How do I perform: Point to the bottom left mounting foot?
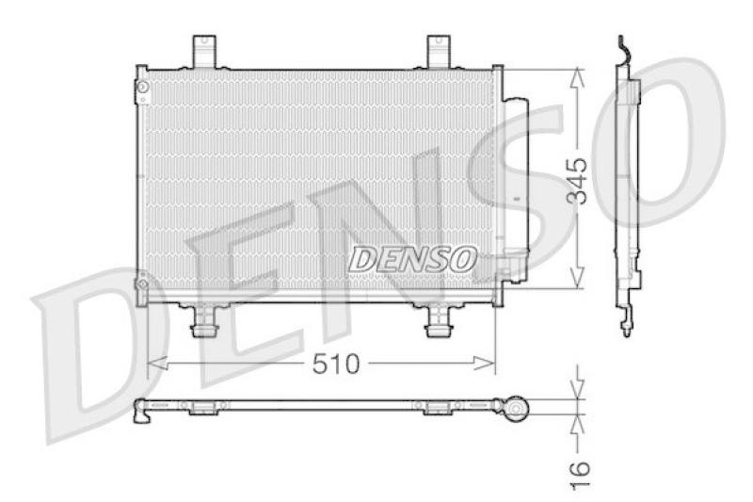[203, 323]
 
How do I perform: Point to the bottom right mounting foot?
[439, 323]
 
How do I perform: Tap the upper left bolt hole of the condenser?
[142, 88]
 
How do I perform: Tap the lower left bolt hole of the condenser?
[142, 281]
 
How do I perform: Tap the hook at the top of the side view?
[622, 45]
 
